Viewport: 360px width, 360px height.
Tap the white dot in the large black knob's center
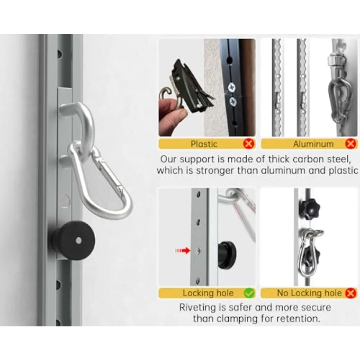78,241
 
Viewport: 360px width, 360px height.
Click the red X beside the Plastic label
249,144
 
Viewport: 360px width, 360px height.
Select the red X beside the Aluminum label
350,144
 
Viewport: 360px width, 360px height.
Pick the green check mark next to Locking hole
249,293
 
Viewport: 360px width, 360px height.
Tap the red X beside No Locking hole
351,293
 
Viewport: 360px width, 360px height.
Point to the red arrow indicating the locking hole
183,250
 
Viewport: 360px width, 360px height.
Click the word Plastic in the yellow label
204,144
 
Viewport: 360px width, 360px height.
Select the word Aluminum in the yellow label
313,144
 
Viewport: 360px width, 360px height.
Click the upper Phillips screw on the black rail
231,88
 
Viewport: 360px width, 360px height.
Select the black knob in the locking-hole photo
227,254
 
